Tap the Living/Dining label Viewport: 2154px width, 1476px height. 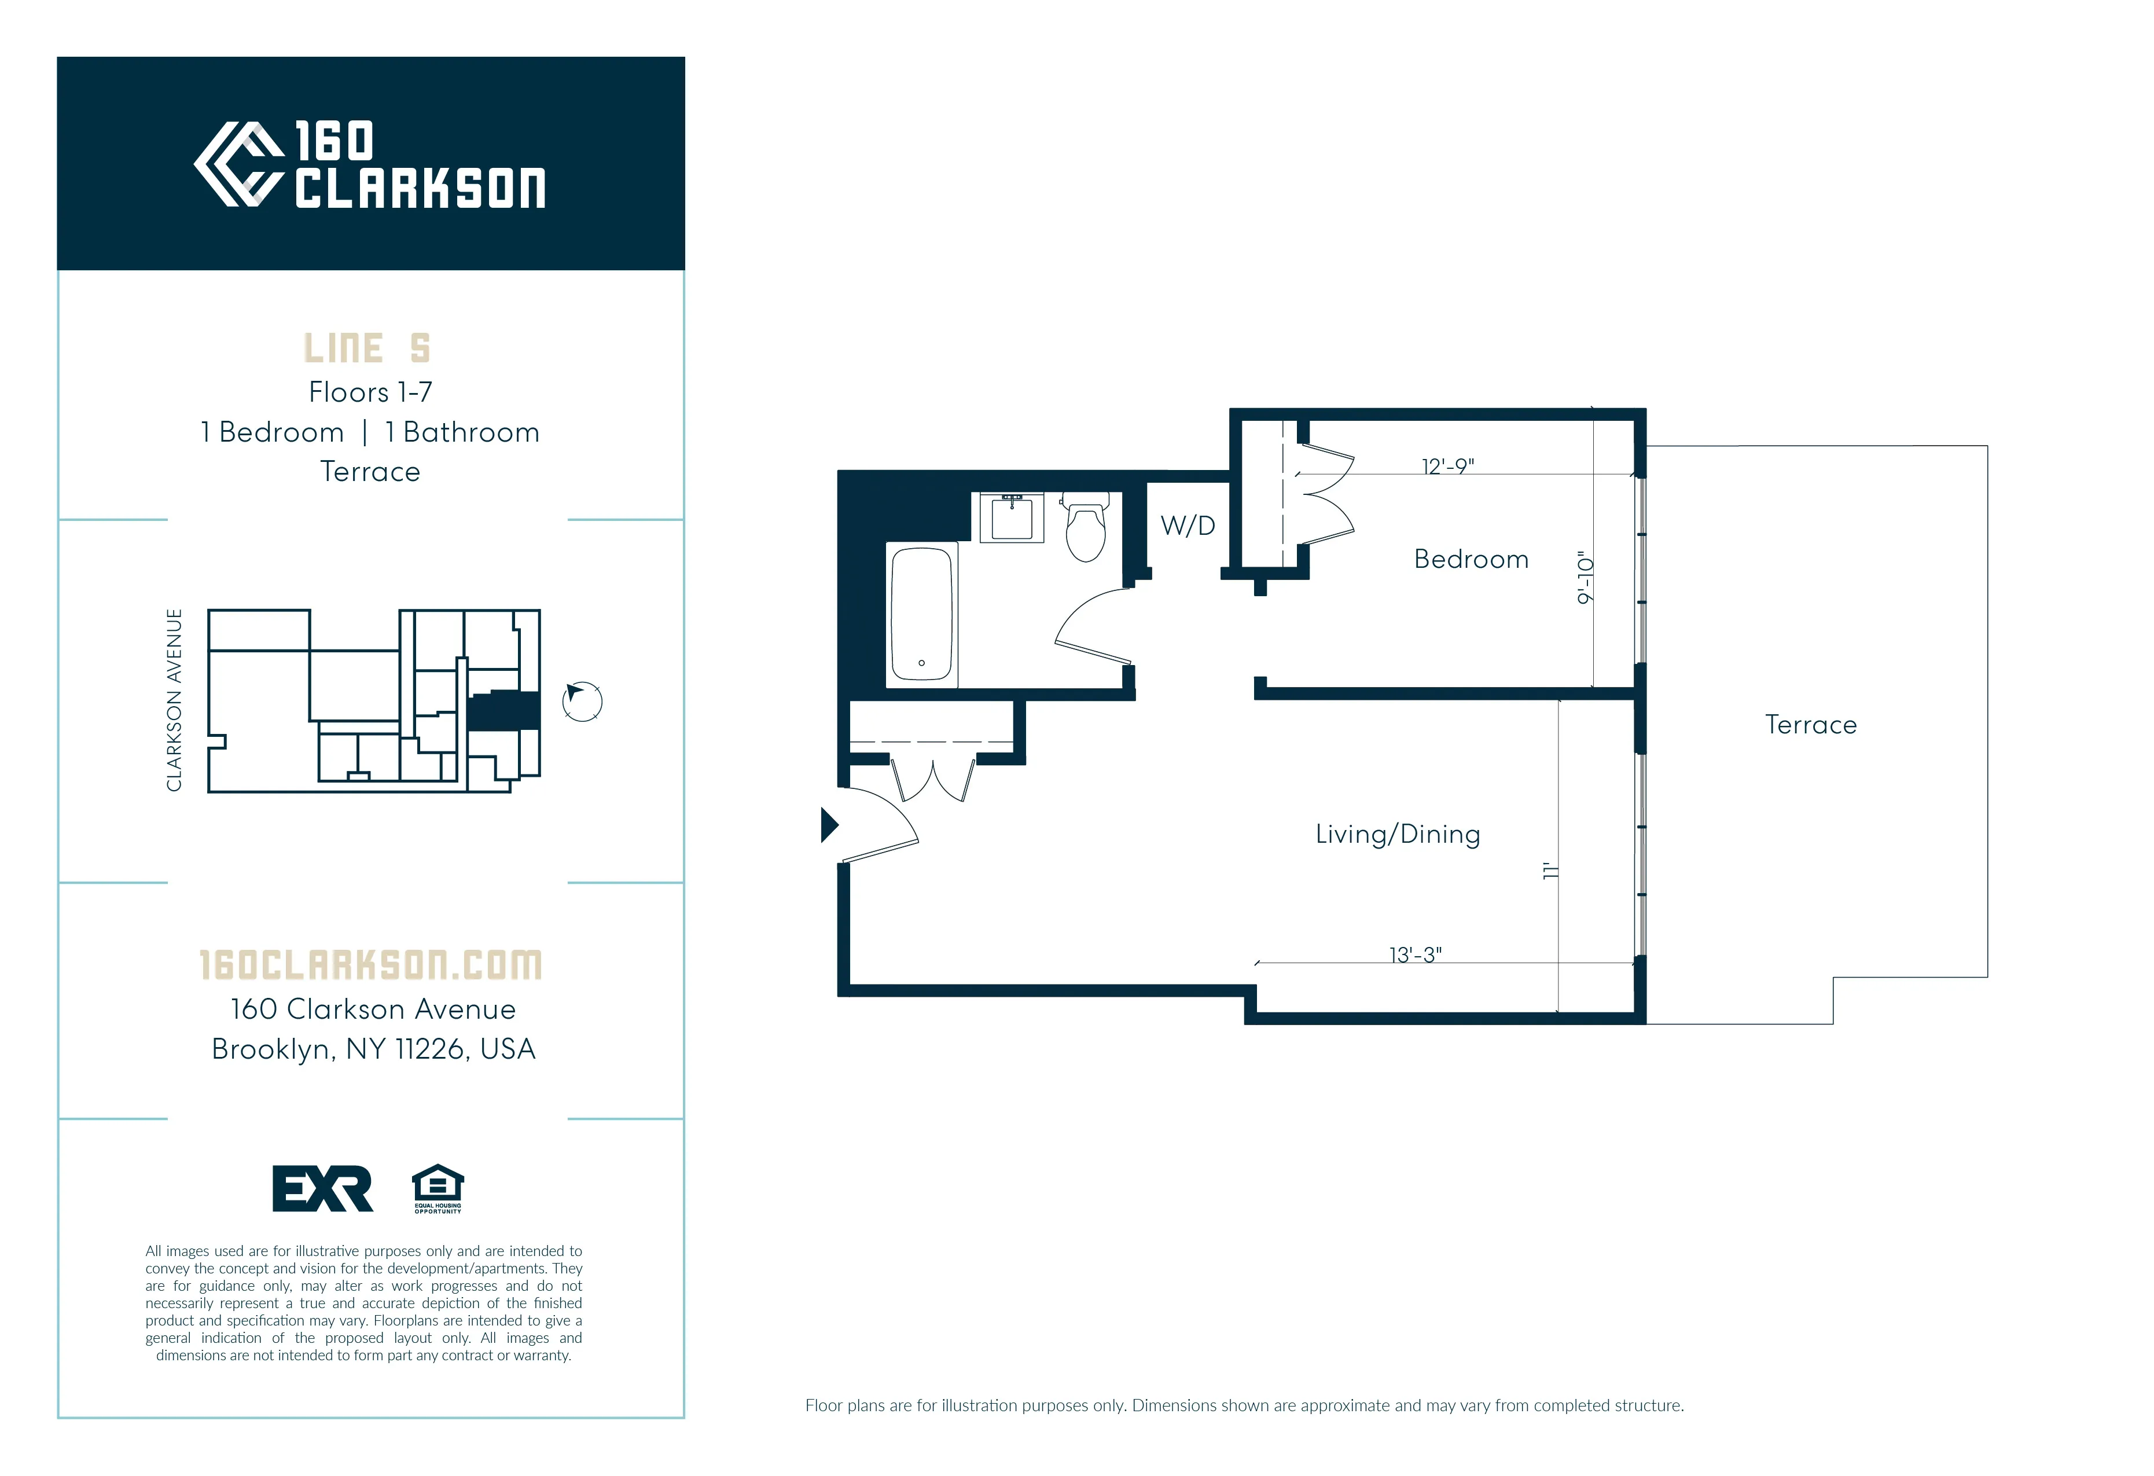1397,835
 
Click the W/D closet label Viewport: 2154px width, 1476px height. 1188,526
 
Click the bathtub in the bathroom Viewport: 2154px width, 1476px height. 921,614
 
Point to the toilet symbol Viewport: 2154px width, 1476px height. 1085,530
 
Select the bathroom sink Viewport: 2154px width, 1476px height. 1012,518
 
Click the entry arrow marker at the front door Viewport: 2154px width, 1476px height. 829,824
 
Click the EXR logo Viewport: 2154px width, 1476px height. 322,1188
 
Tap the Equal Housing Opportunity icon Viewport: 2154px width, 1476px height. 438,1188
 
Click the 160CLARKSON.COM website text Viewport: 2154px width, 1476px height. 371,965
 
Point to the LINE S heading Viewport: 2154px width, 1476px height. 367,348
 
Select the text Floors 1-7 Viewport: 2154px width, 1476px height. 370,392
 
